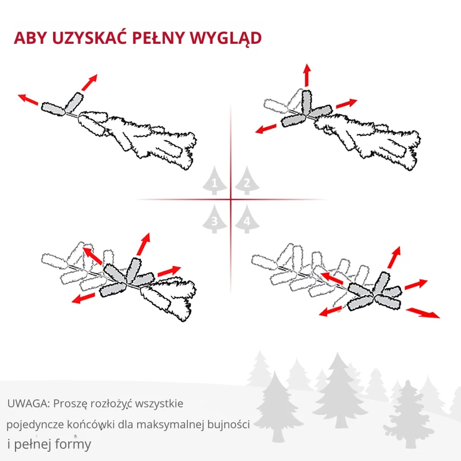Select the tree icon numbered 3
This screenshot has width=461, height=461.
(215, 219)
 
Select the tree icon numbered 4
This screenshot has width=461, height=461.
(247, 219)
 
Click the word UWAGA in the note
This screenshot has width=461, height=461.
(24, 403)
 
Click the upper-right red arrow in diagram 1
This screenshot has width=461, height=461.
(89, 82)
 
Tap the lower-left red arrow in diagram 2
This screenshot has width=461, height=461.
(268, 128)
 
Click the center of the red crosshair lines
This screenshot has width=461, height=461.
(231, 200)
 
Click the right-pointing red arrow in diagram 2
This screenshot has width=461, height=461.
(347, 103)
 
